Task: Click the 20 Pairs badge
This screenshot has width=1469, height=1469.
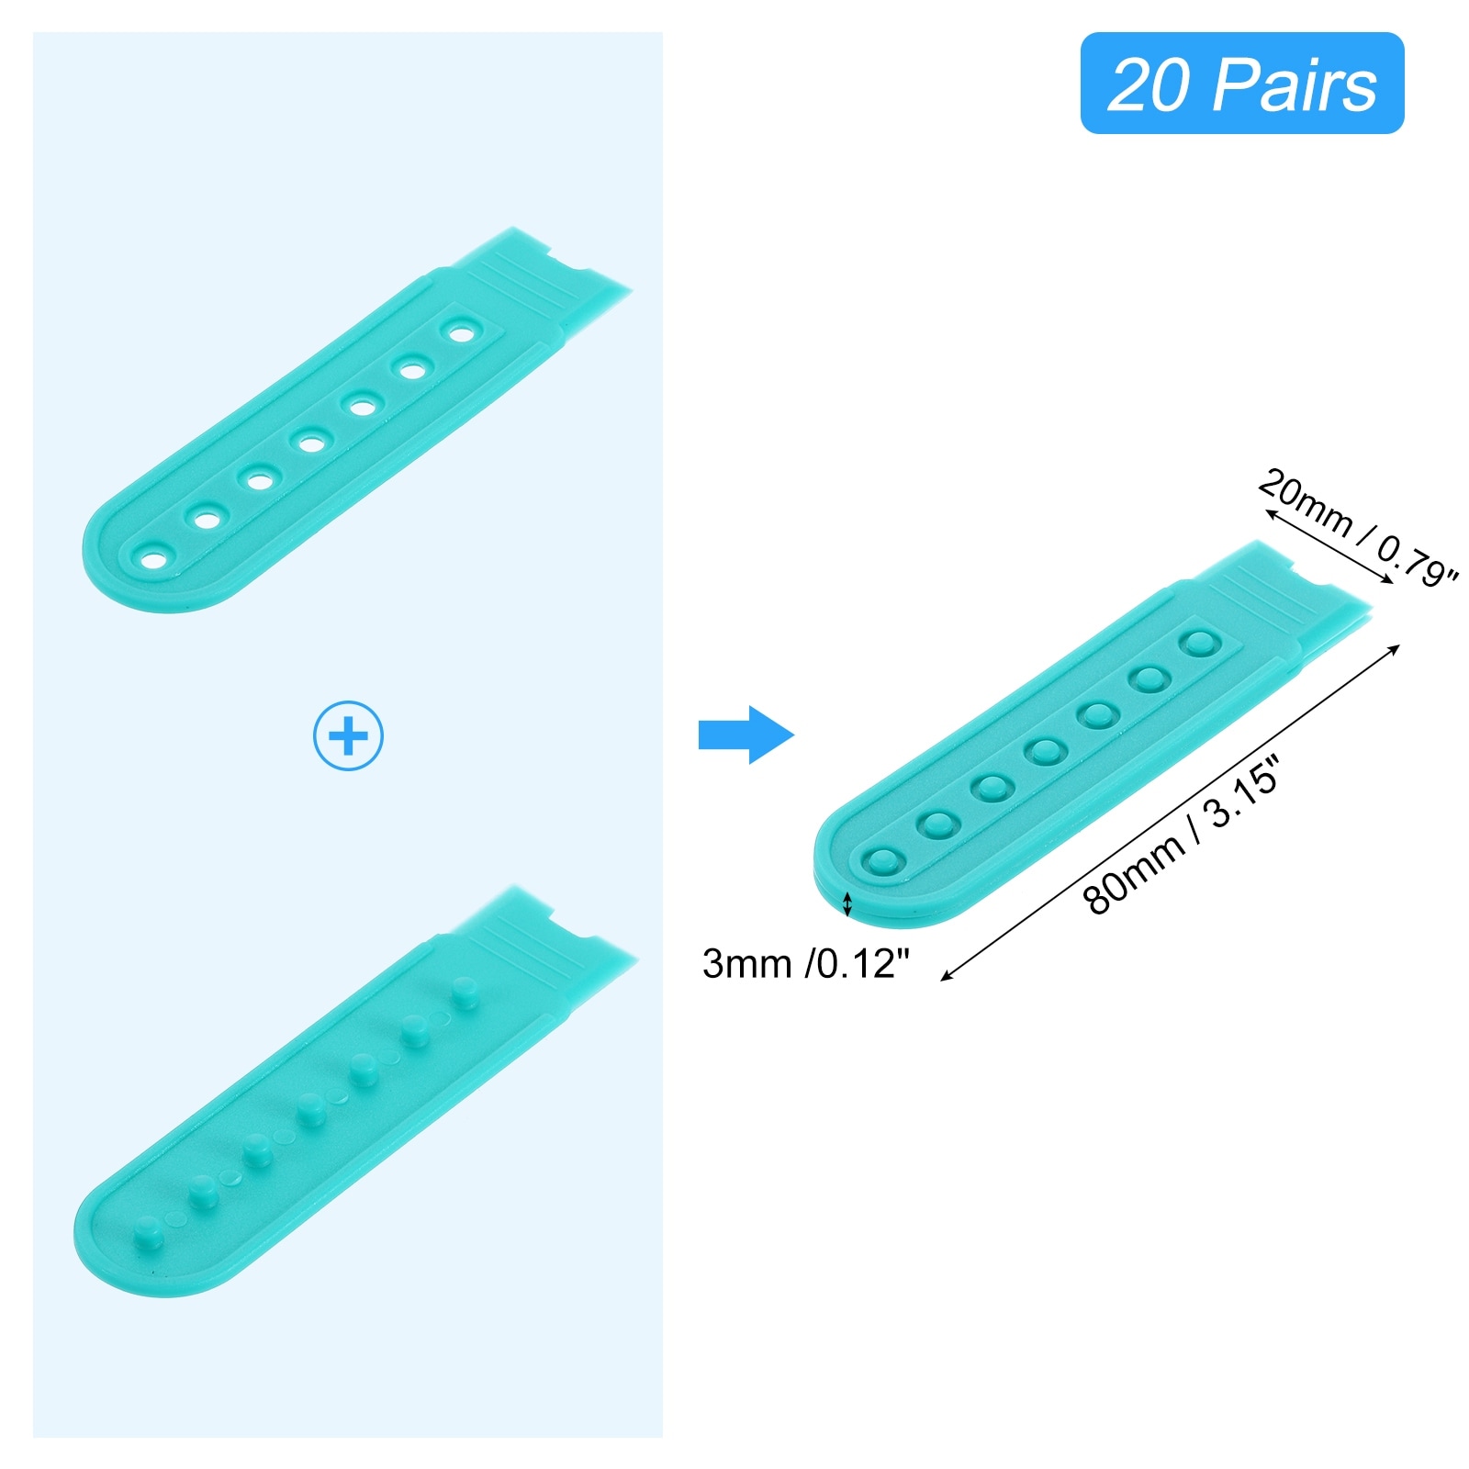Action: (1241, 84)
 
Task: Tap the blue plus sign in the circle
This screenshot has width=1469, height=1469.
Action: (348, 735)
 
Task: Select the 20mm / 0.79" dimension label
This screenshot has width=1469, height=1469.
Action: (1356, 527)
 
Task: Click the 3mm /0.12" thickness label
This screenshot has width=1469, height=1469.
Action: (805, 963)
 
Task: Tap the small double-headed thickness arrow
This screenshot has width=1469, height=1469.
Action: (847, 903)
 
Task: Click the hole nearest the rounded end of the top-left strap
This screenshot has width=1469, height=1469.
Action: (154, 557)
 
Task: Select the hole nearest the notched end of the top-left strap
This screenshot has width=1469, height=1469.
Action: (459, 331)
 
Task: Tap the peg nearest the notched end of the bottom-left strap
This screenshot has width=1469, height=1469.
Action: (465, 992)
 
